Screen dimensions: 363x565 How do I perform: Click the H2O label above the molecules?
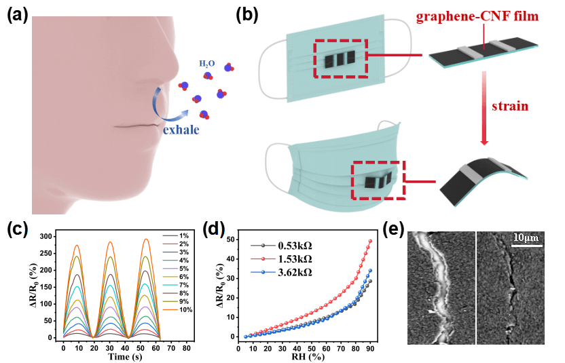click(x=206, y=64)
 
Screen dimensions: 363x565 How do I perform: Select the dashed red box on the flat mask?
click(x=341, y=58)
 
